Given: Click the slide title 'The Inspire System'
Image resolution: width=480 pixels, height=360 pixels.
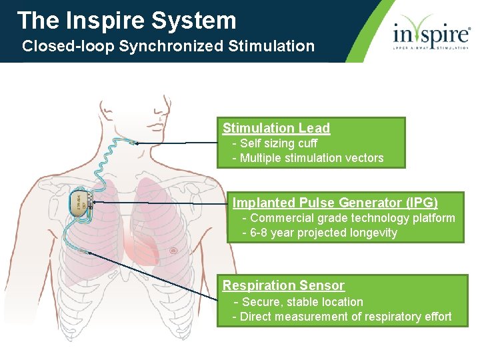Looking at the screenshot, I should pos(127,21).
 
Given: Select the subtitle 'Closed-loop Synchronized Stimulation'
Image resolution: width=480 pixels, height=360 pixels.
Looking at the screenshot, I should pos(168,47).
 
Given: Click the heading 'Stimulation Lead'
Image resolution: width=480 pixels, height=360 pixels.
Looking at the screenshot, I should pos(276,128).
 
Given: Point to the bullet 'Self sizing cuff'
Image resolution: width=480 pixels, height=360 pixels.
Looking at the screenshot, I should pos(278,143).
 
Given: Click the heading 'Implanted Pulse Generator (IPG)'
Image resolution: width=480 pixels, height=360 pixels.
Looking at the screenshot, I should pos(335,203).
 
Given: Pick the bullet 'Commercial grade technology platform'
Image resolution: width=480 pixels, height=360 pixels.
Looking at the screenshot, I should pos(352,218).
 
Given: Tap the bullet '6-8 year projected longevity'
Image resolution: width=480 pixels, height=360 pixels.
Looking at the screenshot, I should pos(323,233).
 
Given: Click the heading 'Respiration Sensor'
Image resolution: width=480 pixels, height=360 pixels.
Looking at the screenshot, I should pos(283,285).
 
